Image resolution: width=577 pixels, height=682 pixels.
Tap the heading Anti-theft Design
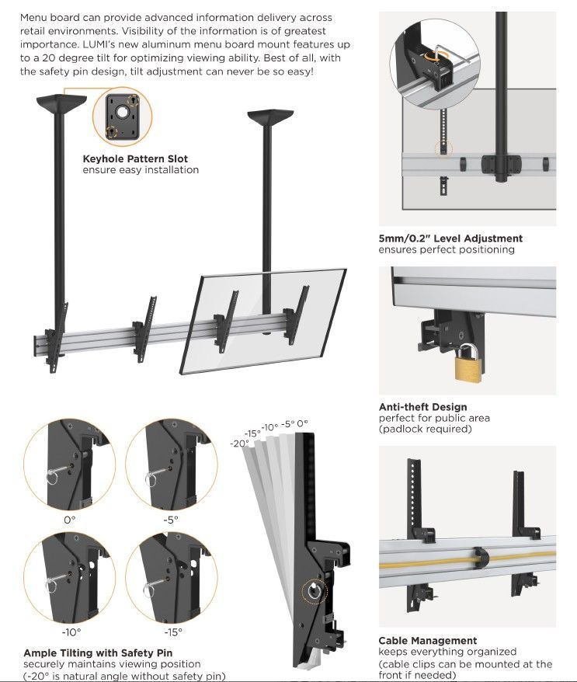click(422, 407)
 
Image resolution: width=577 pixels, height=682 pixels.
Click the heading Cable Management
click(427, 641)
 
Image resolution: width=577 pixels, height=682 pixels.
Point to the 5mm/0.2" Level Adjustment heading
click(450, 238)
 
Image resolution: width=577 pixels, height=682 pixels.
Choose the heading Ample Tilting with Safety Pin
click(98, 653)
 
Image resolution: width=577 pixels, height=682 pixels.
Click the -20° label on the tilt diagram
click(239, 443)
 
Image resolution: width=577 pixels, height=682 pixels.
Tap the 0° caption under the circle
click(69, 519)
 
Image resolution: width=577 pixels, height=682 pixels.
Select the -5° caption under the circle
click(171, 519)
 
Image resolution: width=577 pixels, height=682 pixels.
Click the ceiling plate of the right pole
click(270, 118)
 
